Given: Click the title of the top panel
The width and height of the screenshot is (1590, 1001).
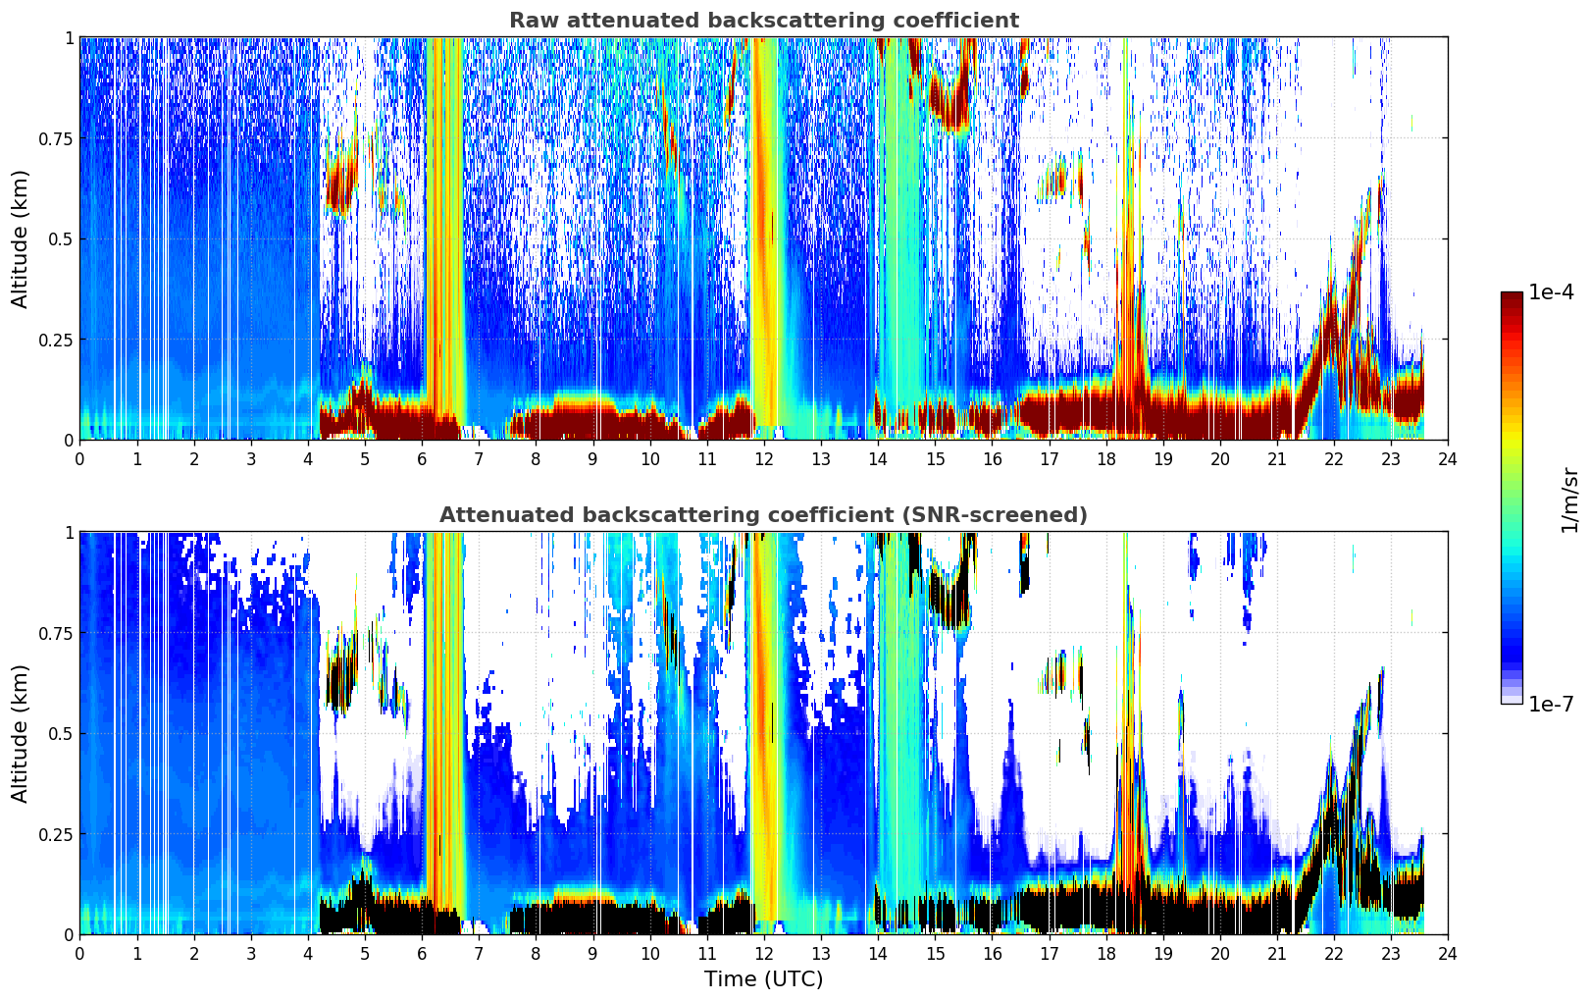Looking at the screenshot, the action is click(x=764, y=20).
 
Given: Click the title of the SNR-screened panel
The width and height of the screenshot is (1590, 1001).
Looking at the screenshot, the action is click(x=764, y=514).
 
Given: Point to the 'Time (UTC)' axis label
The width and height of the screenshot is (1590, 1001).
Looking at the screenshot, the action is click(x=764, y=979).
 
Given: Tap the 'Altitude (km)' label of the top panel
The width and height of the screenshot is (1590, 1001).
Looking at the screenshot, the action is click(x=20, y=239).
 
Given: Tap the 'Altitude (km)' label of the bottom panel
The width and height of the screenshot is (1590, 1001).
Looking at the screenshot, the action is click(x=20, y=734).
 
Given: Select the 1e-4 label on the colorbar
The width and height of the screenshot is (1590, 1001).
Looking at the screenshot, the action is click(x=1551, y=291).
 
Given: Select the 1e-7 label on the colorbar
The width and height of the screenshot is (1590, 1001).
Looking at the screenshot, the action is click(x=1551, y=705).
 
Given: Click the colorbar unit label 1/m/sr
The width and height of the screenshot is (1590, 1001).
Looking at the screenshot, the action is click(x=1569, y=500).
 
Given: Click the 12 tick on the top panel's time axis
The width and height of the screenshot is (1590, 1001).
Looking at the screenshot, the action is click(x=764, y=458).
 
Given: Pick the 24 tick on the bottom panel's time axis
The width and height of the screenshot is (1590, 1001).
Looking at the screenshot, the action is click(x=1448, y=954).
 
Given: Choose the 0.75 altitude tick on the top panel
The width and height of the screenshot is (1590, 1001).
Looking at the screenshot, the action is click(x=55, y=138).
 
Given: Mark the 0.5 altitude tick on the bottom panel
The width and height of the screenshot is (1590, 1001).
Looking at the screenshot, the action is click(x=60, y=734).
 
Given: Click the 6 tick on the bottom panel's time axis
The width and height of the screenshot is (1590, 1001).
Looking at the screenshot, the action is click(x=422, y=954).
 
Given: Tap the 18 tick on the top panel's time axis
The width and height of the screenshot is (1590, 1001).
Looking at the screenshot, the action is click(x=1105, y=458).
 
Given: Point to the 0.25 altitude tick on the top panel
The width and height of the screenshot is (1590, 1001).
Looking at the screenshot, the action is click(x=55, y=340).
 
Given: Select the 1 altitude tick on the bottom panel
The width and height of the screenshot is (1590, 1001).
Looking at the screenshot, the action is click(x=69, y=533).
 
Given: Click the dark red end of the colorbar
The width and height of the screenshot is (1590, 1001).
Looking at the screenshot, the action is click(x=1512, y=296).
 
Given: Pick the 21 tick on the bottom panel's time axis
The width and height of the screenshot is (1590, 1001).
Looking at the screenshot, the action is click(x=1277, y=954).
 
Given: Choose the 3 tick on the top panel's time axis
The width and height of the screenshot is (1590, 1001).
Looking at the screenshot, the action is click(x=250, y=458).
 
